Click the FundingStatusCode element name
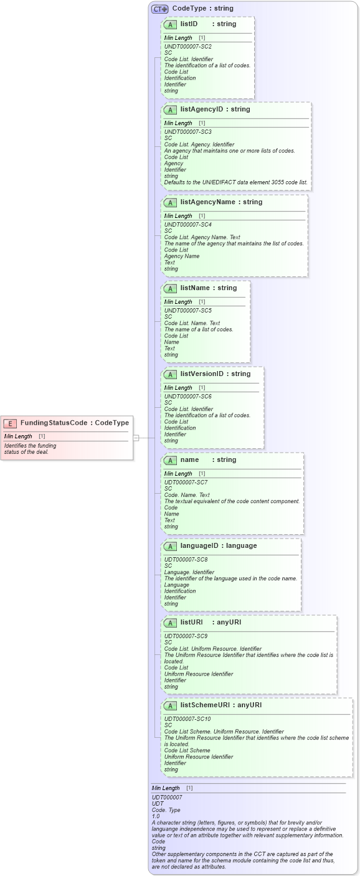pyautogui.click(x=53, y=423)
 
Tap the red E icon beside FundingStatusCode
pyautogui.click(x=10, y=423)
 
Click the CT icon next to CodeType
pyautogui.click(x=160, y=9)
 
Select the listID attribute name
pyautogui.click(x=189, y=24)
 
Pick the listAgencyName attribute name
pyautogui.click(x=208, y=202)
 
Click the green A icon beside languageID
pyautogui.click(x=170, y=546)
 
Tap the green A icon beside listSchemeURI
pyautogui.click(x=170, y=705)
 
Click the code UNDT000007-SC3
pyautogui.click(x=187, y=132)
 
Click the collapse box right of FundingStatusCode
pyautogui.click(x=136, y=438)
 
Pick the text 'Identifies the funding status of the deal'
pyautogui.click(x=30, y=449)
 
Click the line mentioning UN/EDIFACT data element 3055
pyautogui.click(x=235, y=182)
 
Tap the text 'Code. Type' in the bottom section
pyautogui.click(x=166, y=810)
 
